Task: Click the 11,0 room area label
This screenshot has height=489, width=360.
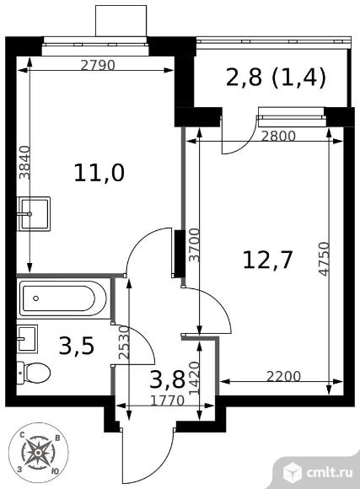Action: coord(99,174)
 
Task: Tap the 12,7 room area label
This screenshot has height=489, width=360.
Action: coord(267,260)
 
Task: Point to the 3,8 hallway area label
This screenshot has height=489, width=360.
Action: coord(167,379)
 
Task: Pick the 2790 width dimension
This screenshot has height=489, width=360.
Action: coord(98,65)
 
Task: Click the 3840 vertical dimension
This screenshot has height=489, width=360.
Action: coord(24,163)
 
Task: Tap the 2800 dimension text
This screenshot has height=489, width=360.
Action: coord(278,136)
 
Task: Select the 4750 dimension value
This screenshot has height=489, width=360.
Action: coord(324,259)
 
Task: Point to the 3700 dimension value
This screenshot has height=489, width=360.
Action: coord(195,244)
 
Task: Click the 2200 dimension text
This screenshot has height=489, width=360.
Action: coord(284,376)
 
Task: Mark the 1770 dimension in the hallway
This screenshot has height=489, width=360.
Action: coord(167,400)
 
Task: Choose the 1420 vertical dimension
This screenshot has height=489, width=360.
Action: coord(195,378)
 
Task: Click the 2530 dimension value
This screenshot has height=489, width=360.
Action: coord(124,343)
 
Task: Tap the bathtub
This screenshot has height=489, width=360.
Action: coord(63,298)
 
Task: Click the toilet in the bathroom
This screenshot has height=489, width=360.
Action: coord(34,372)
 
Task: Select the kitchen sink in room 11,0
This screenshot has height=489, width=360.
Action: coord(34,213)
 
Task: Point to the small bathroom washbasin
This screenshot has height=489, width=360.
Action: coord(27,339)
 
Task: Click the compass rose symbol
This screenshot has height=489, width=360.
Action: coord(38,453)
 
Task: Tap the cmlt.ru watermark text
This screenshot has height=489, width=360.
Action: coord(330,472)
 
